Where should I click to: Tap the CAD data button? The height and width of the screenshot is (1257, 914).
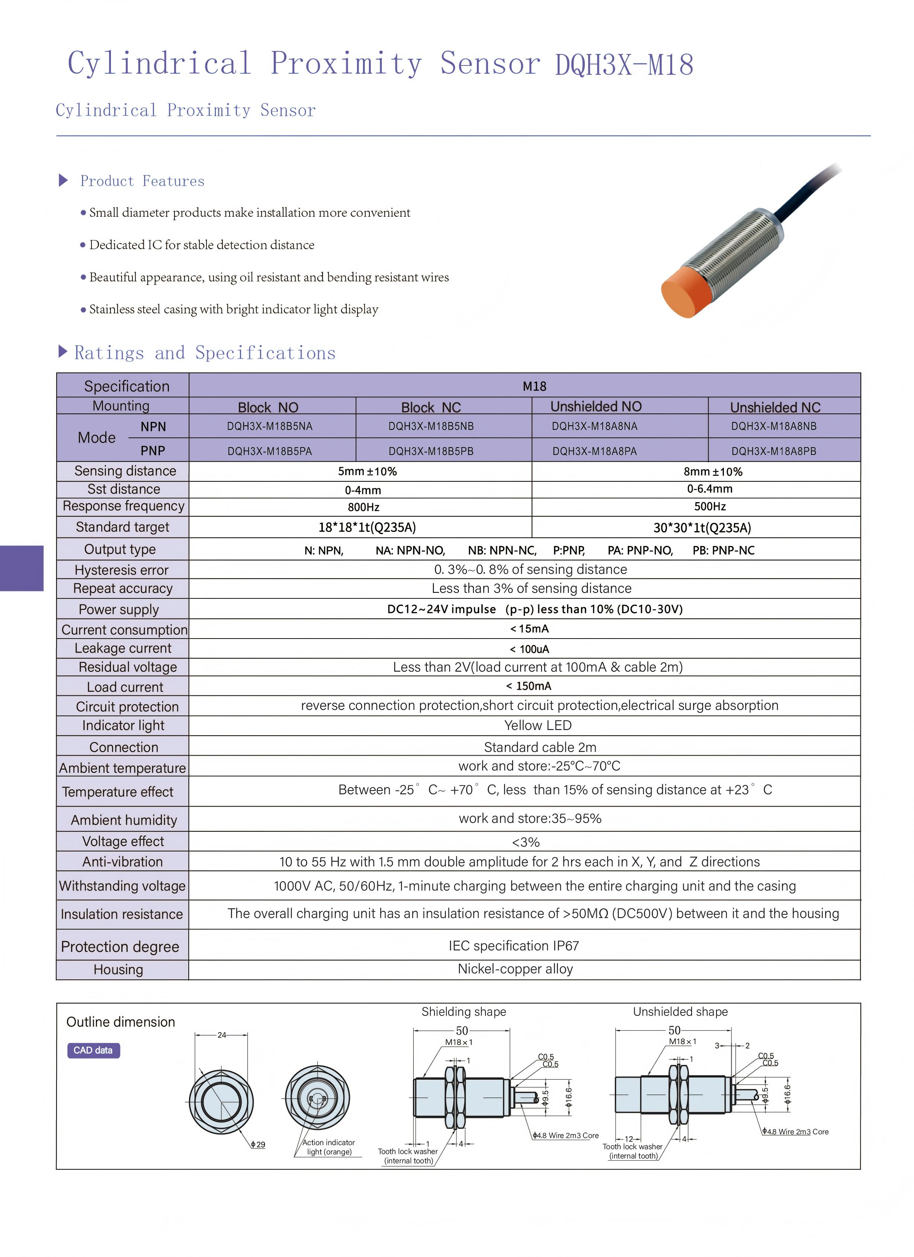point(93,1050)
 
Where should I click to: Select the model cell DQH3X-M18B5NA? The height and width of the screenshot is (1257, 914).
point(270,426)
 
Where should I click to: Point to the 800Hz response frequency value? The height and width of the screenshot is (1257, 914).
point(363,507)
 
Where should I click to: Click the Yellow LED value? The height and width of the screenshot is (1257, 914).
point(538,725)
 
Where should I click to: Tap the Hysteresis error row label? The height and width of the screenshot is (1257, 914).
point(122,570)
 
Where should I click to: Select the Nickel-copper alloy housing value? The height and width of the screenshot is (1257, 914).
point(515,969)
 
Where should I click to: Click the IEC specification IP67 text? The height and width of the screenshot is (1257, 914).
point(514,946)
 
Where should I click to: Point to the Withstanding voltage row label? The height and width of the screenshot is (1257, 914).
point(122,886)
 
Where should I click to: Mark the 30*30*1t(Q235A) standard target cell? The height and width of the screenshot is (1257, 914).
point(702,527)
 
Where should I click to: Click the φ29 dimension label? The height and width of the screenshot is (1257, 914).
point(258,1144)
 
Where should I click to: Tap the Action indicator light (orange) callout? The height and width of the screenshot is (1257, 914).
point(329,1147)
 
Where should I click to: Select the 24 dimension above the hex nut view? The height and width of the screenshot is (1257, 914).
point(222,1035)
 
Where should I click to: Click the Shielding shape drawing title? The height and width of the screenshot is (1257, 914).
point(464,1011)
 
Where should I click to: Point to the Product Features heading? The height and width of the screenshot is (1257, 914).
point(142,181)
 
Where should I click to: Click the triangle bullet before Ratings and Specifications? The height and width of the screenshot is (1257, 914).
point(62,351)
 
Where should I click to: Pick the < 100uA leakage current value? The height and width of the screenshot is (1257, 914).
point(530,649)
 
